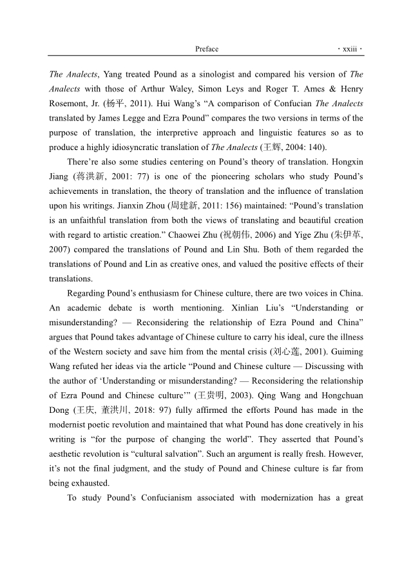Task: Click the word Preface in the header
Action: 206,49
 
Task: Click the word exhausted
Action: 84,482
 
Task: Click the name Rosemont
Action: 70,104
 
